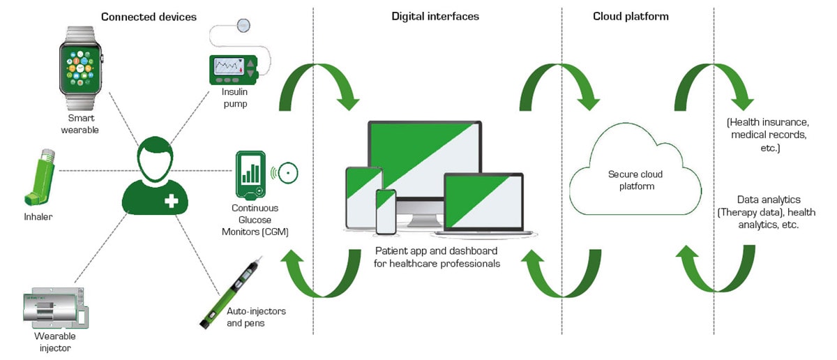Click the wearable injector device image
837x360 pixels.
tap(52, 308)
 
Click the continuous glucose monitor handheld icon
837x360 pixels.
tap(250, 174)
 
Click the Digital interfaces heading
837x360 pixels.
tap(435, 16)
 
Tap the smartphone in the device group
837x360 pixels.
tap(385, 211)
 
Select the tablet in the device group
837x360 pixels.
tap(363, 197)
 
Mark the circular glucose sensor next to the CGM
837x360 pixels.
tap(287, 172)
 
